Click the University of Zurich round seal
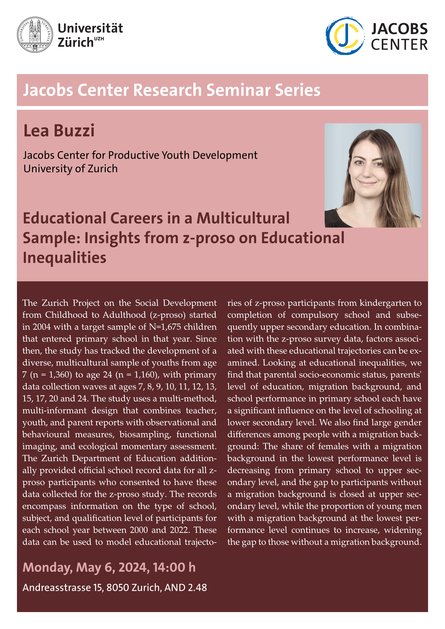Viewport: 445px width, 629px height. tap(35, 35)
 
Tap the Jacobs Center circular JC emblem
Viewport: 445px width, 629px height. tap(345, 36)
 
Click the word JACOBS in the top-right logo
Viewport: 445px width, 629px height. tap(399, 29)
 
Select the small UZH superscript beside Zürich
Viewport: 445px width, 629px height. tap(99, 39)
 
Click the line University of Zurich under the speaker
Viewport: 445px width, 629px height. tap(70, 169)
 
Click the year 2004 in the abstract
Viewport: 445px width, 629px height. tap(42, 327)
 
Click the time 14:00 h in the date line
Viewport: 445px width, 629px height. tap(174, 567)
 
